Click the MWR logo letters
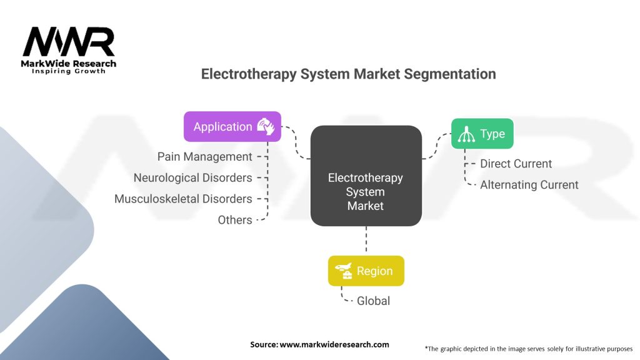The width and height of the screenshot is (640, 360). click(69, 43)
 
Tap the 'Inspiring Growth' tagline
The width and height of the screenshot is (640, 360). click(69, 71)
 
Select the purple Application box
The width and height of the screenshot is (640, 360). click(232, 126)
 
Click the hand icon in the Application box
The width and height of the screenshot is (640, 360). click(265, 126)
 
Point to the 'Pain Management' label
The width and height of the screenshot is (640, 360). click(205, 157)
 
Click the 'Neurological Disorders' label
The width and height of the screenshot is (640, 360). click(193, 178)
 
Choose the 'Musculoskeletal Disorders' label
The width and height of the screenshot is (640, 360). click(183, 199)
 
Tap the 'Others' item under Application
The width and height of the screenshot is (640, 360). click(235, 220)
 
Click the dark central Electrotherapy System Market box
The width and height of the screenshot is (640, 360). click(366, 176)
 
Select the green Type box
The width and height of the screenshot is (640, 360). click(482, 134)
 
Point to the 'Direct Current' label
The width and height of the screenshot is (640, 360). click(516, 164)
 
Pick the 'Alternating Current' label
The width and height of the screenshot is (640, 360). click(529, 185)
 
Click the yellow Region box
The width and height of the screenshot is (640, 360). click(366, 271)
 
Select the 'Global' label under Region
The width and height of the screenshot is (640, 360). click(373, 301)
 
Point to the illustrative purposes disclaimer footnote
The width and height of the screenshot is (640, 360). click(528, 348)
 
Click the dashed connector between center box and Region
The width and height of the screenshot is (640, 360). click(366, 241)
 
